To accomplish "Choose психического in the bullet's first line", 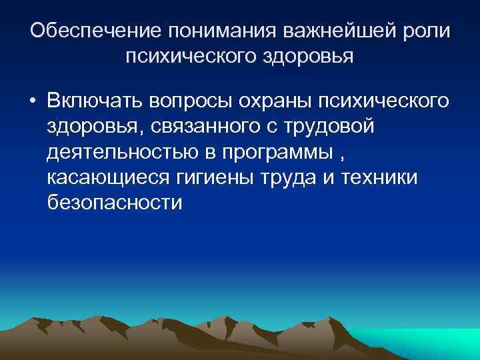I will pos(383,101).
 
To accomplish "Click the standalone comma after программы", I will pos(343,156).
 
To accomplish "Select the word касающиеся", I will pos(109,177).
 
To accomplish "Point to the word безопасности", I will pos(114,202).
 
